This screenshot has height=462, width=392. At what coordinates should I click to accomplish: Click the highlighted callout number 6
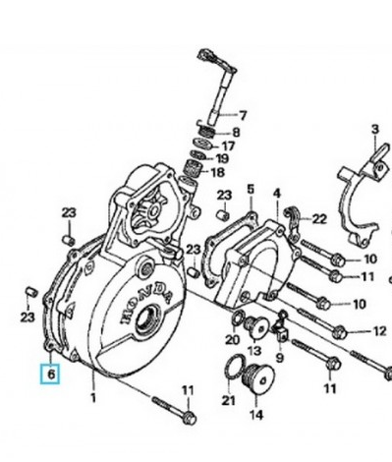[51, 374]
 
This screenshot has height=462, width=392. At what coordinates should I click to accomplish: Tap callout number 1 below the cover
[93, 398]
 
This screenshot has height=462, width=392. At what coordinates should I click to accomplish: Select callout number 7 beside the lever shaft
[243, 116]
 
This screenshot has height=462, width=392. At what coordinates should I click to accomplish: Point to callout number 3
[375, 129]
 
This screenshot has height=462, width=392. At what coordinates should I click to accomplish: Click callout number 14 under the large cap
[256, 415]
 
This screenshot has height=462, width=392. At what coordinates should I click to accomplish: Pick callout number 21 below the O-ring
[228, 400]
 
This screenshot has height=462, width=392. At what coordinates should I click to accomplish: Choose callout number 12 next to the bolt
[380, 331]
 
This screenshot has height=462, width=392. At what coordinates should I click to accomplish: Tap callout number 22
[319, 219]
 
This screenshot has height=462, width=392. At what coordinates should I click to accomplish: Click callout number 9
[279, 358]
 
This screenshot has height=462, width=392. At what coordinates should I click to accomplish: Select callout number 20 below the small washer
[233, 340]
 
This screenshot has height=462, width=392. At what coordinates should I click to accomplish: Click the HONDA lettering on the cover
[147, 302]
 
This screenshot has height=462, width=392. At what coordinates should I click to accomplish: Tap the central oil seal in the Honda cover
[148, 319]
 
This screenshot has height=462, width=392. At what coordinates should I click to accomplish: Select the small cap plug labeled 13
[257, 327]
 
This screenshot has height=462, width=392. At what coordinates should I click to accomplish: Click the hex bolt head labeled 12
[339, 332]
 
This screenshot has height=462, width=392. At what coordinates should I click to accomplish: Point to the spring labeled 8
[207, 132]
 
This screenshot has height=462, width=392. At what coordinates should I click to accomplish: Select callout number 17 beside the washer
[228, 146]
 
